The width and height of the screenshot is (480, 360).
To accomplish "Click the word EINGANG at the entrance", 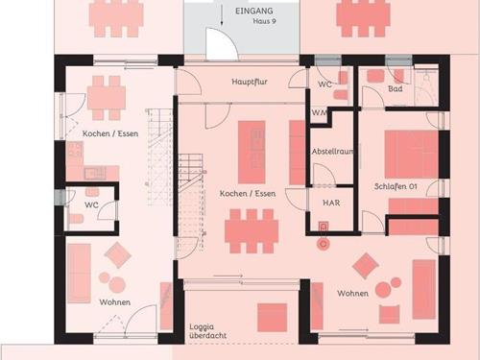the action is point(254,11).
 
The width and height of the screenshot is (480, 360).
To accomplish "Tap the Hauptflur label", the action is point(250,82).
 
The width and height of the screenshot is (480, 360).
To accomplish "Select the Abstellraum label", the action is point(333,152).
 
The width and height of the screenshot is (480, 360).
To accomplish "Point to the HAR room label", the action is point(331,203).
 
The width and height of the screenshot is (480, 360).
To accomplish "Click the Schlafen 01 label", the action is point(396,186).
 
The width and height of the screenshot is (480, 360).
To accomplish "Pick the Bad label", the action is point(396,88).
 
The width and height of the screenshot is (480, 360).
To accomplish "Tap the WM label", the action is point(320,112).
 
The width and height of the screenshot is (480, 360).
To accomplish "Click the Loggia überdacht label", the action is point(207,331).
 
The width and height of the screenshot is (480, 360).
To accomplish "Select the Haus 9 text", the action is point(264,21).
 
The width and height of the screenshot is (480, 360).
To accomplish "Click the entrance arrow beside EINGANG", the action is point(222,17).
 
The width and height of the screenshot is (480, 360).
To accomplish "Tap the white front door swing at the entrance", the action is point(222,44).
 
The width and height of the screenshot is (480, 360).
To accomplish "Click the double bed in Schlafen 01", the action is point(411,154).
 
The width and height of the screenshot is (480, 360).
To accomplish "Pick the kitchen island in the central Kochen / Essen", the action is point(252,152).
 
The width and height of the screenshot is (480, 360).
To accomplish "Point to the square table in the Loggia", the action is point(272,318).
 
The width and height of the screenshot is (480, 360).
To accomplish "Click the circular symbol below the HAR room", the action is point(324,244).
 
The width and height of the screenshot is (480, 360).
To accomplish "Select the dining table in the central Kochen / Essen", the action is point(252,231).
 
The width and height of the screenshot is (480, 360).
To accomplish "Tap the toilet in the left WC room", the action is point(76,219).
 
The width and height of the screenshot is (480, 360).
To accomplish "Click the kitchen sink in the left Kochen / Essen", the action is point(95,174).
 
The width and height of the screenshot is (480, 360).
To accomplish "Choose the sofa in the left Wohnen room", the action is point(79,273).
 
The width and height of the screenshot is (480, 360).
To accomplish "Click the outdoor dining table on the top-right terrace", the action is point(363,18).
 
